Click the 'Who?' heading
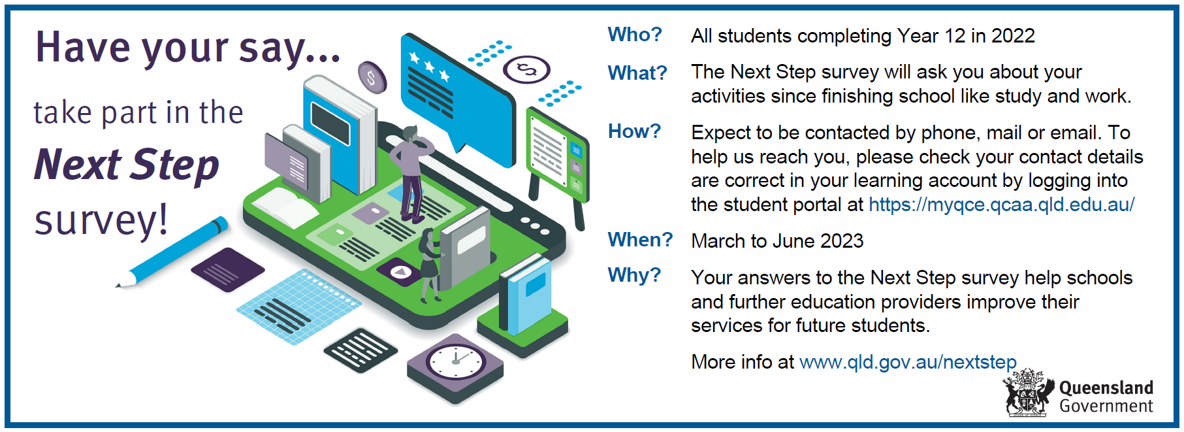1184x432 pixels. [x=635, y=34]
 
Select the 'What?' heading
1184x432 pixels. [x=637, y=73]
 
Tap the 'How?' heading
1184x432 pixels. [x=634, y=131]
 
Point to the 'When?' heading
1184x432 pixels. [x=640, y=239]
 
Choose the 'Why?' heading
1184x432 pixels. [x=634, y=274]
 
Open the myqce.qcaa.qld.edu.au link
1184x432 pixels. [x=1001, y=205]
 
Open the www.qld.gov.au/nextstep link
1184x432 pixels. [x=908, y=362]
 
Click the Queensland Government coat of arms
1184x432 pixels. [x=1029, y=393]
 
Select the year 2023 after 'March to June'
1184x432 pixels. [x=842, y=241]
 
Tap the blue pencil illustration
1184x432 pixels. [x=172, y=252]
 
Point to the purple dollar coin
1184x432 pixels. [x=372, y=77]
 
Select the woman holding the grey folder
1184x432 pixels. [x=429, y=265]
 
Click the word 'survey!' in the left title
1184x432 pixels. [x=101, y=220]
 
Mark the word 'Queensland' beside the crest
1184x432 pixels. [x=1106, y=388]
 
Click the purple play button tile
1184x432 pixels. [x=399, y=271]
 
